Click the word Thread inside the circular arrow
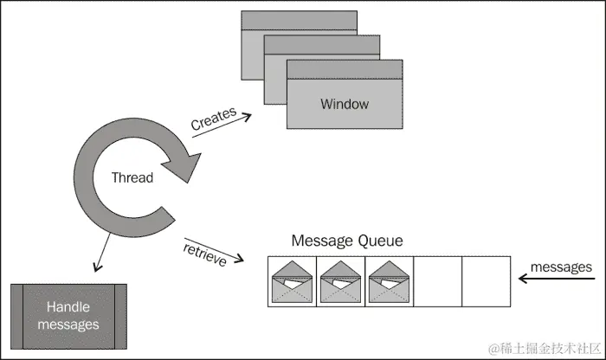[132, 177]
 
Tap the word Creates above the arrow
[213, 119]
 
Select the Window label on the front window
[345, 104]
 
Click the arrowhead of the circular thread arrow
[184, 167]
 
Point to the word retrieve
[205, 255]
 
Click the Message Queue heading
[347, 241]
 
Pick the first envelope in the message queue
[293, 281]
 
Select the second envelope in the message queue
[340, 281]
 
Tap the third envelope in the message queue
[390, 281]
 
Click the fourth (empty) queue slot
[437, 281]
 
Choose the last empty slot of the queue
[487, 281]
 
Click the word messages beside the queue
[561, 267]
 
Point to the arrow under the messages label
[557, 278]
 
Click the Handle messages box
[68, 317]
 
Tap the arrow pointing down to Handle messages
[102, 252]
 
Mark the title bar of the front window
[345, 69]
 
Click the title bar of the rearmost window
[300, 20]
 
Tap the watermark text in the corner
[545, 349]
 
